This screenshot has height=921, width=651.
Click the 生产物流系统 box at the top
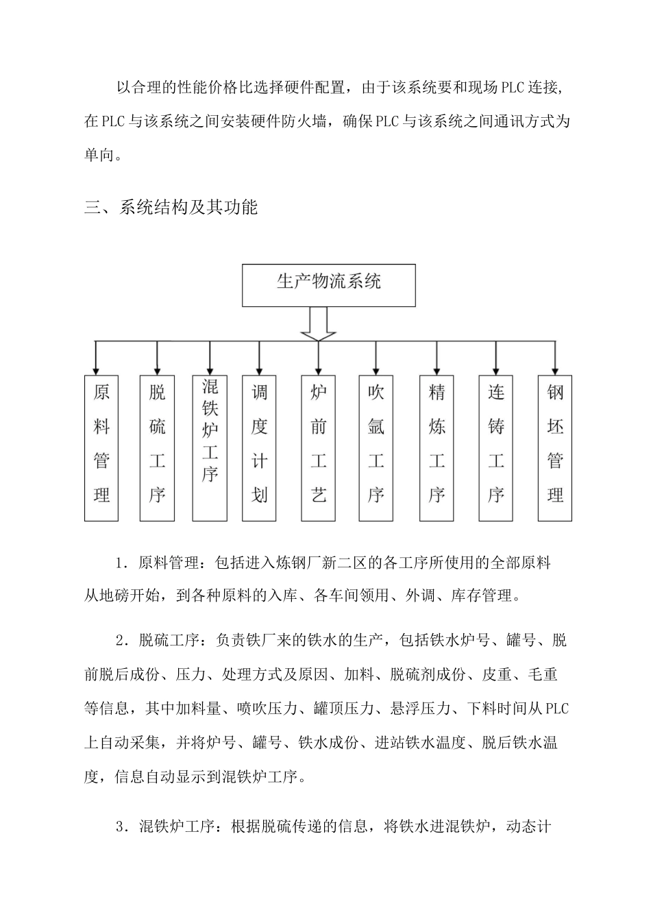point(328,284)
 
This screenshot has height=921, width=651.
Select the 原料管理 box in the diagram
point(101,447)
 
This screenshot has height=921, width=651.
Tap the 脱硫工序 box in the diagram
point(157,447)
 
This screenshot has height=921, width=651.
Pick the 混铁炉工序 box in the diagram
point(210,447)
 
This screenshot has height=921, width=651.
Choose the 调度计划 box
point(259,447)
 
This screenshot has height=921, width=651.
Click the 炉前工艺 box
point(319,447)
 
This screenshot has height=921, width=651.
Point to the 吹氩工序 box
point(376,447)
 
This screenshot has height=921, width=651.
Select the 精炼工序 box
point(437,447)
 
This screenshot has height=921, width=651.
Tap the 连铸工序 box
point(496,447)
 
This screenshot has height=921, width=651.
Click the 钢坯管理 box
point(555,447)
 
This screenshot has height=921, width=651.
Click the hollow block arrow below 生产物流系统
point(319,323)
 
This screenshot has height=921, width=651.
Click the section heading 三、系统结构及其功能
point(171,207)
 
